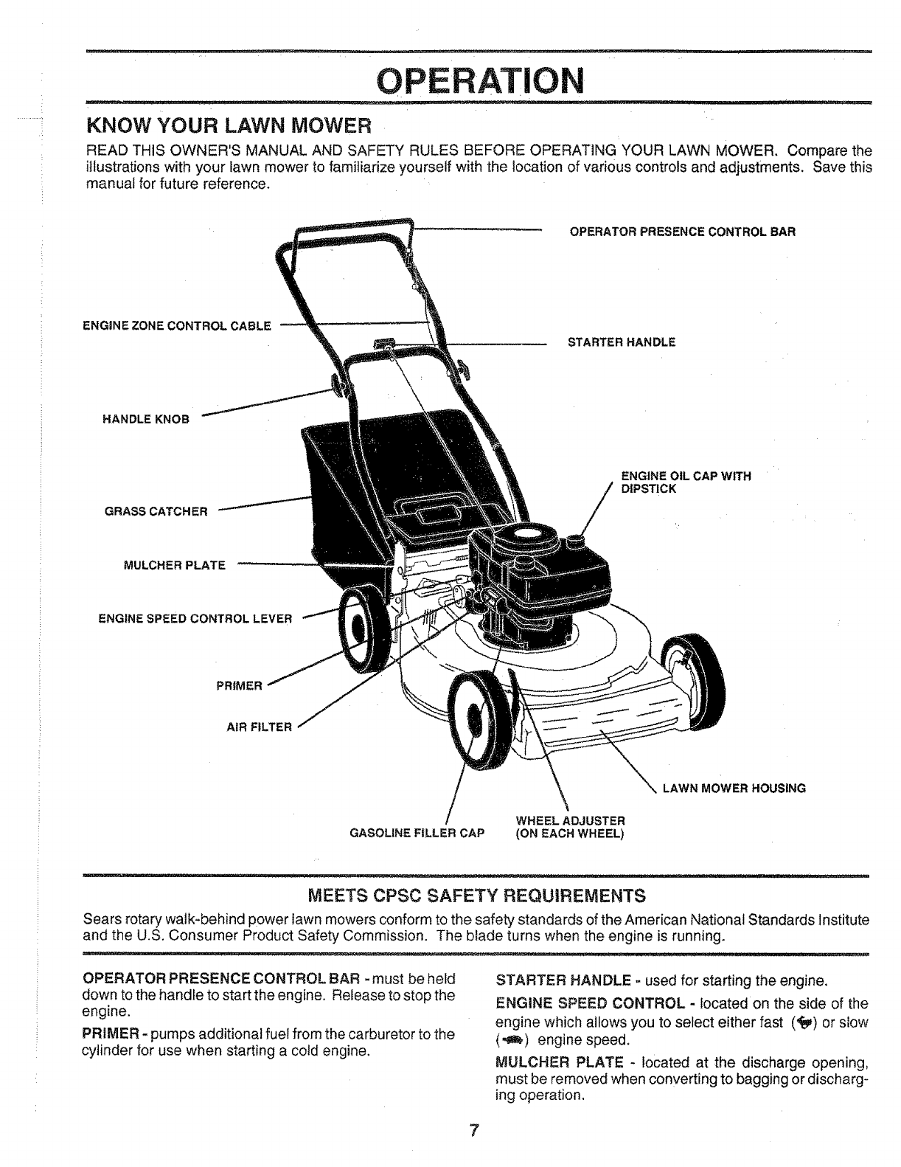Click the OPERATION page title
pyautogui.click(x=480, y=77)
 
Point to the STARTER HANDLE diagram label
pyautogui.click(x=622, y=342)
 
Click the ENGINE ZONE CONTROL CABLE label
pyautogui.click(x=176, y=325)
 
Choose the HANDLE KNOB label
pyautogui.click(x=145, y=420)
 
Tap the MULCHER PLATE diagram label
pyautogui.click(x=174, y=566)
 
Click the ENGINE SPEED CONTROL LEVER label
pyautogui.click(x=195, y=618)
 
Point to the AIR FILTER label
pyautogui.click(x=259, y=727)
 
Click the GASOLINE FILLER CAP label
pyautogui.click(x=417, y=834)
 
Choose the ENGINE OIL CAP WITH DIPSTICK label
pyautogui.click(x=686, y=482)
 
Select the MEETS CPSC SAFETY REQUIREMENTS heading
pyautogui.click(x=476, y=896)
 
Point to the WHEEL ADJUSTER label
pyautogui.click(x=571, y=827)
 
